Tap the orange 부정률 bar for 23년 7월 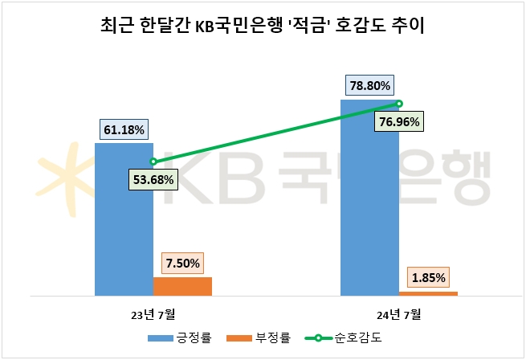[x=182, y=286]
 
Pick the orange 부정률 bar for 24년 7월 [x=429, y=293]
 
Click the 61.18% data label [x=124, y=129]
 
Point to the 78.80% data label [x=370, y=85]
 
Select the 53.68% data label [x=153, y=179]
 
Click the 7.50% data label [x=184, y=263]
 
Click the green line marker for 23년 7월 [x=153, y=162]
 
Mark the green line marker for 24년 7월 [x=399, y=103]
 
